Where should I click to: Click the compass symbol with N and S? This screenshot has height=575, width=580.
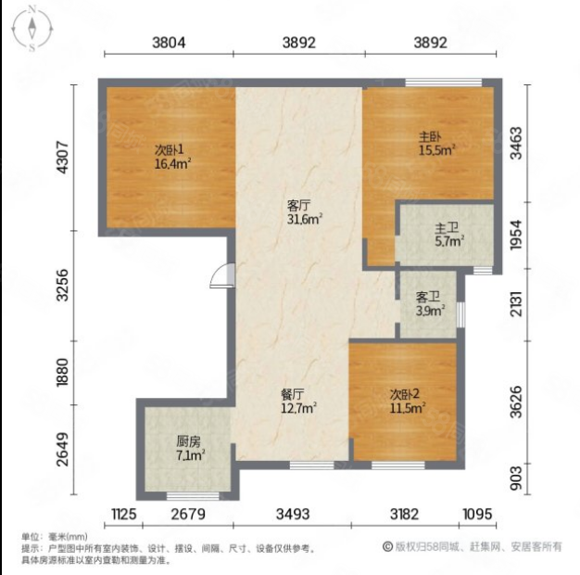coord(32,28)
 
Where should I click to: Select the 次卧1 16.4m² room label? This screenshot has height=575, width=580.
coord(172,157)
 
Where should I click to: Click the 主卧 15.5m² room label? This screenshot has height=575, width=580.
coord(436,144)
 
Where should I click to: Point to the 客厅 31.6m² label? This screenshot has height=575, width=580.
coord(305,212)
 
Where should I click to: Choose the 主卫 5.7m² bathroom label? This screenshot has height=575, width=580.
coord(449,235)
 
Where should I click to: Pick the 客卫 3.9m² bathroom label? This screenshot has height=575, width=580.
coord(430,303)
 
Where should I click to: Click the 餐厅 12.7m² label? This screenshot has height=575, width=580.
coord(298,402)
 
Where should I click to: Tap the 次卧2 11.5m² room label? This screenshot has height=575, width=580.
coord(408,402)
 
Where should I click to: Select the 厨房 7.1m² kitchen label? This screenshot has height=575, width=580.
coord(191,448)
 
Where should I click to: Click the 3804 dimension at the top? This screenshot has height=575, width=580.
coord(169,43)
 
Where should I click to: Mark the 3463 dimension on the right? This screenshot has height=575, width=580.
coord(516,144)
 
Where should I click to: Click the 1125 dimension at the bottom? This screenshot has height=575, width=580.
coord(124,514)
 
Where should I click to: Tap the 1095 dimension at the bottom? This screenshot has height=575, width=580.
coord(477,514)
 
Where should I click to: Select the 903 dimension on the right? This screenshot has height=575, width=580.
coord(516,479)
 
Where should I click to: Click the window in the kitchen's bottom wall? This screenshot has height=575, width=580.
coord(193,496)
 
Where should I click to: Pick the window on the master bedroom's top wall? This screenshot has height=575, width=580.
coord(444,83)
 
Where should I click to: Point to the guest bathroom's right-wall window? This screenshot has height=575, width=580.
coord(460,314)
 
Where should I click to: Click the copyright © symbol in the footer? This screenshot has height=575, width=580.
coord(387,546)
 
